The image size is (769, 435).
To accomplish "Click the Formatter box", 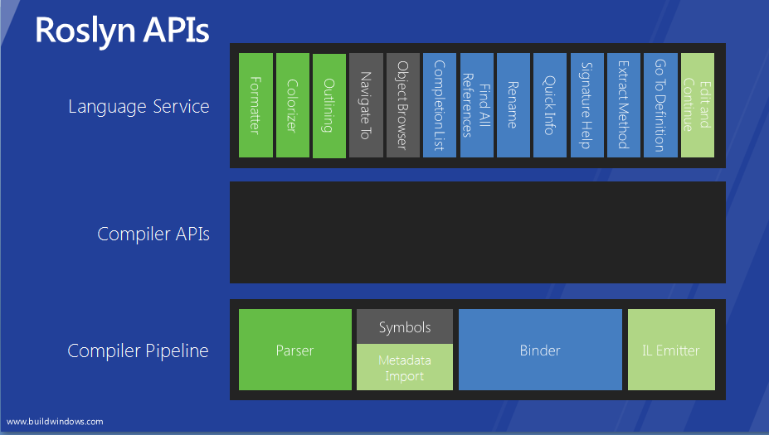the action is (x=256, y=105).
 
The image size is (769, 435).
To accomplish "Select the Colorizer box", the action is (x=293, y=105).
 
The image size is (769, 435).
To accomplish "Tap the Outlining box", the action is (x=329, y=106).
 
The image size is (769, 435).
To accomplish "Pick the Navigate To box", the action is (x=366, y=105).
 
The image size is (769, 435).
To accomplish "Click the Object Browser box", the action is (x=403, y=105).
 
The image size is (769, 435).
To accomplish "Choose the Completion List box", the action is (x=440, y=105).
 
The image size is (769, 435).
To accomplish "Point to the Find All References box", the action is (x=477, y=105).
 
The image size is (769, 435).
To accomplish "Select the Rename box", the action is (x=513, y=105).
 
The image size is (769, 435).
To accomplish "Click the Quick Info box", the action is (x=550, y=105).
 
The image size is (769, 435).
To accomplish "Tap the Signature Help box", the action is (x=587, y=105).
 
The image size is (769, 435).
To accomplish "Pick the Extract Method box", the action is (x=624, y=105).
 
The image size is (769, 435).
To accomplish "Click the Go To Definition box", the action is (x=660, y=105).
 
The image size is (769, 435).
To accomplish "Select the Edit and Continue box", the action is (x=698, y=105).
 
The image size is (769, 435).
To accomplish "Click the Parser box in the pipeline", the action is (x=295, y=350).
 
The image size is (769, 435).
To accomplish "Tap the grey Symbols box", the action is (x=405, y=326).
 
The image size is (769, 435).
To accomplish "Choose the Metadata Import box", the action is (x=405, y=367).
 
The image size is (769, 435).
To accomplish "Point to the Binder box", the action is (x=540, y=350).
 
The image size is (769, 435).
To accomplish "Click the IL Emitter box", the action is (x=671, y=350).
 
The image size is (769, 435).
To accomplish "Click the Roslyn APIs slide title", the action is (x=122, y=31).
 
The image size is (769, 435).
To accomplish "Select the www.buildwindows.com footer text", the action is (x=55, y=422).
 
